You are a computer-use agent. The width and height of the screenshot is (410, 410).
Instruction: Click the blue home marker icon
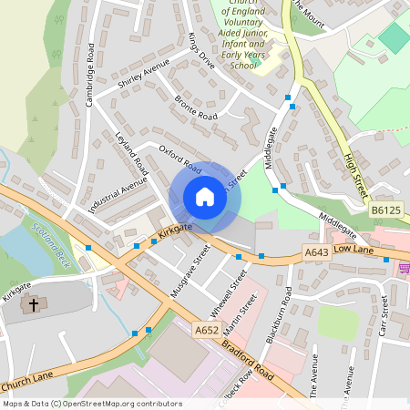(204, 197)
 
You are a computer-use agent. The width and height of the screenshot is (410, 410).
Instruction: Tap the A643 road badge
(316, 252)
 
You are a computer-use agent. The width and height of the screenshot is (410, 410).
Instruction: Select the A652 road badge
(206, 331)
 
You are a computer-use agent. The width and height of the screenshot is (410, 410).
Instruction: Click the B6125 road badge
(385, 211)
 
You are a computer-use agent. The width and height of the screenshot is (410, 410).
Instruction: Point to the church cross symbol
(35, 305)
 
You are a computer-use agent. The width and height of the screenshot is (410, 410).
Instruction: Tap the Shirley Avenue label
(144, 77)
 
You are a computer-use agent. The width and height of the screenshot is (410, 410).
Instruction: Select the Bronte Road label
(196, 108)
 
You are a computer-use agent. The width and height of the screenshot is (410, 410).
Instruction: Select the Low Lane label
(354, 248)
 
